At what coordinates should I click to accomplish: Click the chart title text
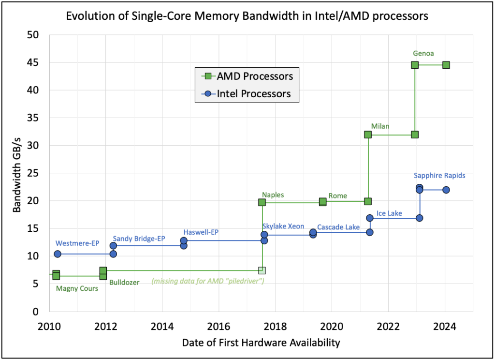coord(247,16)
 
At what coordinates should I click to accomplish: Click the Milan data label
coord(380,126)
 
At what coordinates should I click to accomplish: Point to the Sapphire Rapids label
coord(439,176)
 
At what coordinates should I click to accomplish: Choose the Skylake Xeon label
coord(283,226)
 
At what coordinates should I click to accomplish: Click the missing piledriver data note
coord(208,281)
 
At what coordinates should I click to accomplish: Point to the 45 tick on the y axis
coord(37,62)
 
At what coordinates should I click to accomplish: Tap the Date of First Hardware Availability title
coord(261,343)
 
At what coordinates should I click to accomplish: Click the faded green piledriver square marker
coord(262,270)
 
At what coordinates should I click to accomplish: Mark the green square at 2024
coord(446,65)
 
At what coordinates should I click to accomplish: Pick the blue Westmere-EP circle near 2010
coord(58,254)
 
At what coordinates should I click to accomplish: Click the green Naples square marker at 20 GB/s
coord(262,202)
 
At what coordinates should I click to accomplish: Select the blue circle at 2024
coord(446,190)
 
